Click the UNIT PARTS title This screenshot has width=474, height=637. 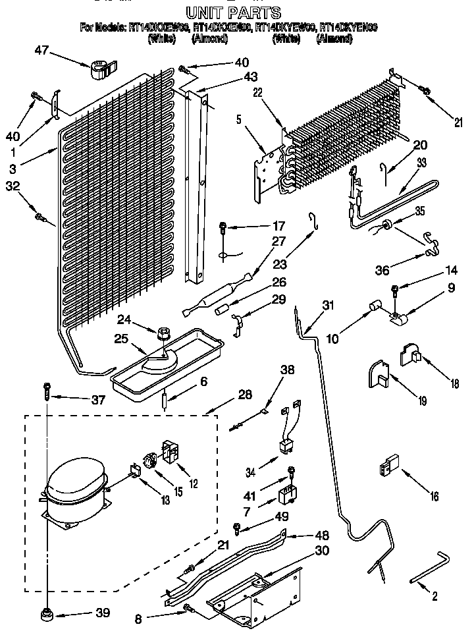tap(233, 12)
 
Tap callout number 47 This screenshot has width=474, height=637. tap(41, 51)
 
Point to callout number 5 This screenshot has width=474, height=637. tap(240, 121)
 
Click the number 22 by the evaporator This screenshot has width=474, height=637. tap(258, 93)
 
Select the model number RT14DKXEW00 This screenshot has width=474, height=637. tap(161, 28)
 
